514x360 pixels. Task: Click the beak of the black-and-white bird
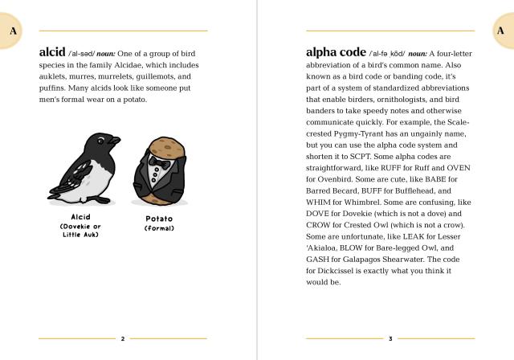click(116, 141)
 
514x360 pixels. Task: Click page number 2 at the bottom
click(122, 339)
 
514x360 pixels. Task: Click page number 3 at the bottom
click(390, 339)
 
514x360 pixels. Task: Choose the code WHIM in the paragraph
click(320, 202)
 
